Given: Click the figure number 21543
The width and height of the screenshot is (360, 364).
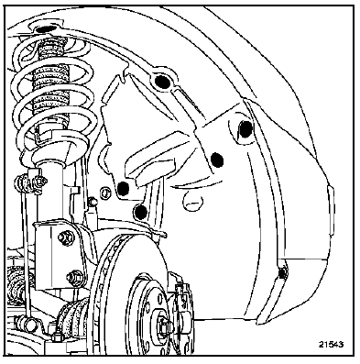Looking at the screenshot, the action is pos(331,344).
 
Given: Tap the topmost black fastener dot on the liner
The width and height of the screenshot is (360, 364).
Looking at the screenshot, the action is pos(162,82).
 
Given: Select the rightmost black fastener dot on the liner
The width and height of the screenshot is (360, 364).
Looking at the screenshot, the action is pos(245,128).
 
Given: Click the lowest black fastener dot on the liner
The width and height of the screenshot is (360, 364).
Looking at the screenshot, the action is pos(141,212).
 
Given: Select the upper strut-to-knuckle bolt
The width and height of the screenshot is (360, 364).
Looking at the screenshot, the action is pos(65,237).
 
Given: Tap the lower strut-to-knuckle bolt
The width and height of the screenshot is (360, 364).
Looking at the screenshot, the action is pos(73,277).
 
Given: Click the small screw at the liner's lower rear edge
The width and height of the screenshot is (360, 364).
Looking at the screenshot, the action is pos(282,273).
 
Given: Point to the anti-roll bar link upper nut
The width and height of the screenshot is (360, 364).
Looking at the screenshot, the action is pos(39,182).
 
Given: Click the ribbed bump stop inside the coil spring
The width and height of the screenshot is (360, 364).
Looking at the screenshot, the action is pos(50,83).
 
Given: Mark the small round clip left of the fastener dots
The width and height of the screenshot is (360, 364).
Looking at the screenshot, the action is pos(105,192).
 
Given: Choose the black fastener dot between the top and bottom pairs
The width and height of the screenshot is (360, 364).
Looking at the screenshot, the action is pos(217,160).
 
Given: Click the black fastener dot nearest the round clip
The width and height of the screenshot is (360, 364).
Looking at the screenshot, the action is pos(124,188).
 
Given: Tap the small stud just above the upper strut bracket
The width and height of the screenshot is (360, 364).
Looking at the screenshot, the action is pos(92,202).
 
